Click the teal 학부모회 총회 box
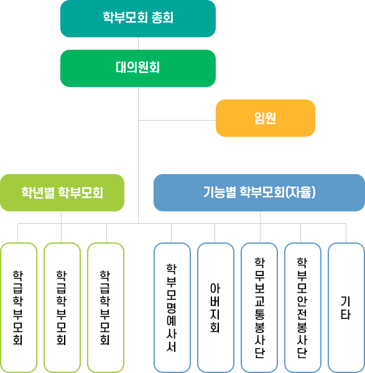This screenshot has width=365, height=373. pyautogui.click(x=138, y=19)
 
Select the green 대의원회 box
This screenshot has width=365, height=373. pyautogui.click(x=138, y=68)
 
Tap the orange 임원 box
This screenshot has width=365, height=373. pyautogui.click(x=266, y=118)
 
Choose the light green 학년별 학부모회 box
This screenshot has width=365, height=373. pyautogui.click(x=62, y=193)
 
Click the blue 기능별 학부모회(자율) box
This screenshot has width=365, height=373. pyautogui.click(x=259, y=193)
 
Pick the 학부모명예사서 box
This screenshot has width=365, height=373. pyautogui.click(x=172, y=308)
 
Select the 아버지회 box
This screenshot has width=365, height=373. pyautogui.click(x=215, y=308)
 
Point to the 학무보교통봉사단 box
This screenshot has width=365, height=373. pyautogui.click(x=259, y=308)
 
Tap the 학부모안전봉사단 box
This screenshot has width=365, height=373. pyautogui.click(x=303, y=308)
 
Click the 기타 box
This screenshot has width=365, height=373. pyautogui.click(x=346, y=308)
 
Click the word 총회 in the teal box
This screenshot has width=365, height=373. pyautogui.click(x=162, y=19)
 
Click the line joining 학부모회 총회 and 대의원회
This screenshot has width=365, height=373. pyautogui.click(x=138, y=44)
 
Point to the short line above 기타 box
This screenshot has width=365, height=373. pyautogui.click(x=346, y=233)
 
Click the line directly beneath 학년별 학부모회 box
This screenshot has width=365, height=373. pyautogui.click(x=62, y=217)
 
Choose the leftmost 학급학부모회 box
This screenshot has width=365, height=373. pyautogui.click(x=18, y=308)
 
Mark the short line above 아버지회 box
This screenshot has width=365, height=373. pyautogui.click(x=215, y=233)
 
